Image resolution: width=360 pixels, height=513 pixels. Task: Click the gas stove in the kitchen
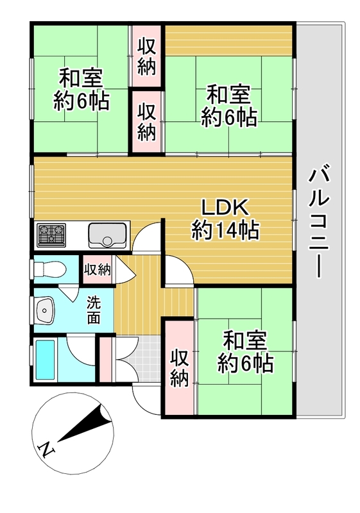click(51, 235)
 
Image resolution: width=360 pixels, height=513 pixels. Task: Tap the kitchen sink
click(107, 235)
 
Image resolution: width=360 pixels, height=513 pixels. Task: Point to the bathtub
click(45, 359)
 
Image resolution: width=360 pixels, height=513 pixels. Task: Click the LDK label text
click(225, 208)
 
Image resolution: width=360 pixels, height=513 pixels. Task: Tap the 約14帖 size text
click(225, 230)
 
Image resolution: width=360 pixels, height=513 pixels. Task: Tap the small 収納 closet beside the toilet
click(98, 269)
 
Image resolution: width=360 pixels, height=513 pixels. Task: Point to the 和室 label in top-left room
click(81, 78)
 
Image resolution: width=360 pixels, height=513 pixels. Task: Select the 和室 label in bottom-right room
click(245, 341)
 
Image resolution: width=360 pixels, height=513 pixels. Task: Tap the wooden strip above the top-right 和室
click(228, 40)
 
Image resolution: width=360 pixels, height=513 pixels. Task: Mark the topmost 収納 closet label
click(146, 56)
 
